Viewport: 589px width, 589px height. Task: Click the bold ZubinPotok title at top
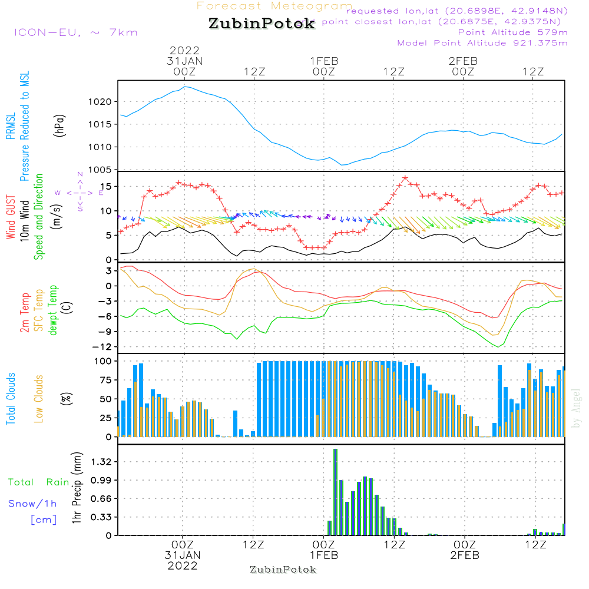tap(262, 24)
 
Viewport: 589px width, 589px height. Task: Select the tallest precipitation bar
tap(335, 492)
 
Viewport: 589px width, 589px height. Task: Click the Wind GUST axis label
tap(11, 219)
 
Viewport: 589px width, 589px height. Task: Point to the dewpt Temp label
tap(53, 310)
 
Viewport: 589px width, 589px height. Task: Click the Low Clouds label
tap(39, 398)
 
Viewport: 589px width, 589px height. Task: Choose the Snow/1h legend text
tap(33, 504)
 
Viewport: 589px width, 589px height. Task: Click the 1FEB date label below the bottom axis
tap(323, 555)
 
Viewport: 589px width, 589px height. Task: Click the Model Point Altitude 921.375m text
tap(482, 43)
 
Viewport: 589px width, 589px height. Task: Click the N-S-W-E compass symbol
tap(80, 192)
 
